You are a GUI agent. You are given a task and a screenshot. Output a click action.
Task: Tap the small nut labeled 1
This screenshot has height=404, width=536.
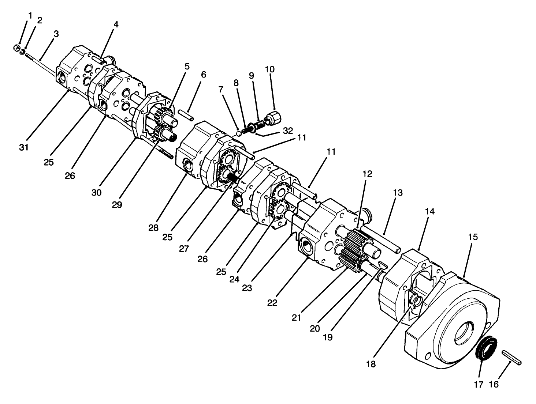(16, 48)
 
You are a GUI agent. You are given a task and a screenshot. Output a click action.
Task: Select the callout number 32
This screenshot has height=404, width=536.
(288, 131)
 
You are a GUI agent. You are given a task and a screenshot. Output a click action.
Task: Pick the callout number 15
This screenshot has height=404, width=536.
(473, 237)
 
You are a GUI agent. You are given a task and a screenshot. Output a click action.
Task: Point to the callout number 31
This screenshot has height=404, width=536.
(25, 147)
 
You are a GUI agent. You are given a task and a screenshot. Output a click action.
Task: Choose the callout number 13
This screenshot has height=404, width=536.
(398, 192)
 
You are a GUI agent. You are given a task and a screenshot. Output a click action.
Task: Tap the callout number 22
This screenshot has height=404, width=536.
(272, 303)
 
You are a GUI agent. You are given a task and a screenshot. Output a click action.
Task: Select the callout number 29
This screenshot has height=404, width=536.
(117, 205)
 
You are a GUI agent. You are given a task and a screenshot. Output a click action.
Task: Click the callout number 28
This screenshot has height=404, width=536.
(153, 228)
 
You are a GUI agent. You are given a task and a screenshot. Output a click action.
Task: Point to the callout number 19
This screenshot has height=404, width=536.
(328, 337)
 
